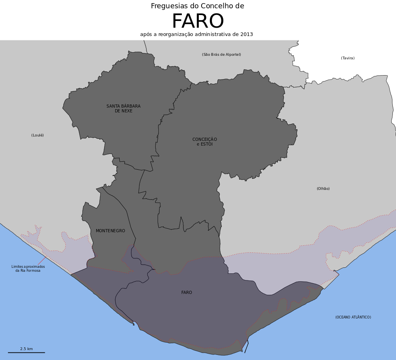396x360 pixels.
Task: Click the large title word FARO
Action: (198, 22)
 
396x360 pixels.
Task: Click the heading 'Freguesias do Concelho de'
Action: (197, 6)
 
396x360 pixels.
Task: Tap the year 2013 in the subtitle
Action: (246, 34)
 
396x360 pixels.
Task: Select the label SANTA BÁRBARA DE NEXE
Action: (124, 108)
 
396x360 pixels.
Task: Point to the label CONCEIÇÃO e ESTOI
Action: (205, 142)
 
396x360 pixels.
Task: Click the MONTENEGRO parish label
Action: (110, 231)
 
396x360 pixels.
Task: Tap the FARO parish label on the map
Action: (187, 293)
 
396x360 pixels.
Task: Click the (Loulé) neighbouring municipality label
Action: (38, 135)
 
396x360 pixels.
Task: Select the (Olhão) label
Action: (323, 189)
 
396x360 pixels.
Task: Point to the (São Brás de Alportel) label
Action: (221, 55)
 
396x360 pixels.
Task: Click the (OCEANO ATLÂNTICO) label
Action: (353, 317)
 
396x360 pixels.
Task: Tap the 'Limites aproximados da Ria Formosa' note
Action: (28, 269)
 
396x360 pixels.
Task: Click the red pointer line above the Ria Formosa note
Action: (42, 260)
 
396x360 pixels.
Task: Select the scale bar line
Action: (27, 352)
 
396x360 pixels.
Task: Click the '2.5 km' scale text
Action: (27, 349)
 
